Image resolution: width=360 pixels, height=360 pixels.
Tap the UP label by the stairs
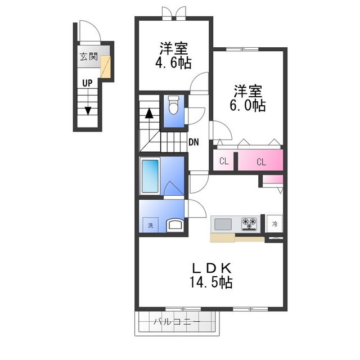pyautogui.click(x=87, y=83)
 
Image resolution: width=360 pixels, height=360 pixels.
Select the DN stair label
pyautogui.click(x=193, y=142)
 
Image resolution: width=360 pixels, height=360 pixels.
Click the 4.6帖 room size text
pyautogui.click(x=173, y=62)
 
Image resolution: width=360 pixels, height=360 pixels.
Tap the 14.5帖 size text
pyautogui.click(x=210, y=281)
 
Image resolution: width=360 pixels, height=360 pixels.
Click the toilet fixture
pyautogui.click(x=173, y=105)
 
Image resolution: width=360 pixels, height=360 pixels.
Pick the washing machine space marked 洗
pyautogui.click(x=150, y=226)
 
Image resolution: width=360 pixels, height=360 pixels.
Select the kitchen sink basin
pyautogui.click(x=223, y=224)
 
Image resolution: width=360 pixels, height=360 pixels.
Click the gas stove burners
pyautogui.click(x=249, y=224)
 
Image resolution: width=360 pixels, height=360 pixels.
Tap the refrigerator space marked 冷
pyautogui.click(x=274, y=223)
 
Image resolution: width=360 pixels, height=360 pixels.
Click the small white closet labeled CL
pyautogui.click(x=224, y=161)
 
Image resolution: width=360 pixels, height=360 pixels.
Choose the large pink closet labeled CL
pyautogui.click(x=261, y=161)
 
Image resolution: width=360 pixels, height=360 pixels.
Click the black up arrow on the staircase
pyautogui.click(x=148, y=112)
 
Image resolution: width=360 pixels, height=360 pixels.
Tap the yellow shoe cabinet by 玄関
pyautogui.click(x=106, y=67)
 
